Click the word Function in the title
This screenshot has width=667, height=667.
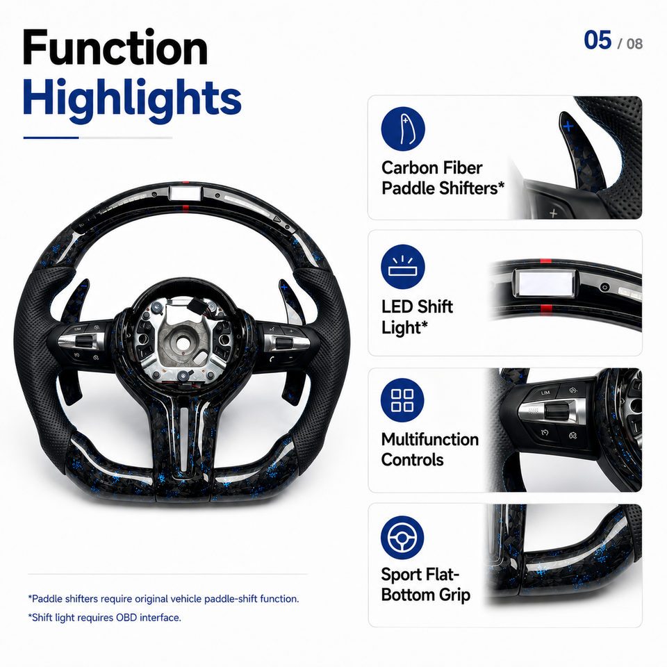click(x=115, y=48)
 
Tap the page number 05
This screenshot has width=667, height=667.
click(x=598, y=40)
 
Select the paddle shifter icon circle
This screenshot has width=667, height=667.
click(x=403, y=129)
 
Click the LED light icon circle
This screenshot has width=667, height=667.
click(x=403, y=267)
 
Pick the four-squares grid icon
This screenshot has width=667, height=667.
click(x=402, y=400)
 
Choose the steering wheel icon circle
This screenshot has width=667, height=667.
click(x=402, y=538)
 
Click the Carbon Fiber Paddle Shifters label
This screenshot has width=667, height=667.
click(x=443, y=179)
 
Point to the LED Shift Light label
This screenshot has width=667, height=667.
click(x=417, y=317)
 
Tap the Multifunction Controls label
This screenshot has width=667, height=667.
click(x=430, y=450)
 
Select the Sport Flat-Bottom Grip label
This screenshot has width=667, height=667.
click(x=426, y=584)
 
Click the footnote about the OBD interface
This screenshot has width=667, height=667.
click(x=105, y=618)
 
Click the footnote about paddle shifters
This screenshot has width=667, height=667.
click(x=163, y=599)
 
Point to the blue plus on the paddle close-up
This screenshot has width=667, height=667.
click(x=568, y=126)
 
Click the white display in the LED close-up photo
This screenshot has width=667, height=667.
click(x=545, y=283)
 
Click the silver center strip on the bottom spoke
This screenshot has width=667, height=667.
click(x=184, y=439)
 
